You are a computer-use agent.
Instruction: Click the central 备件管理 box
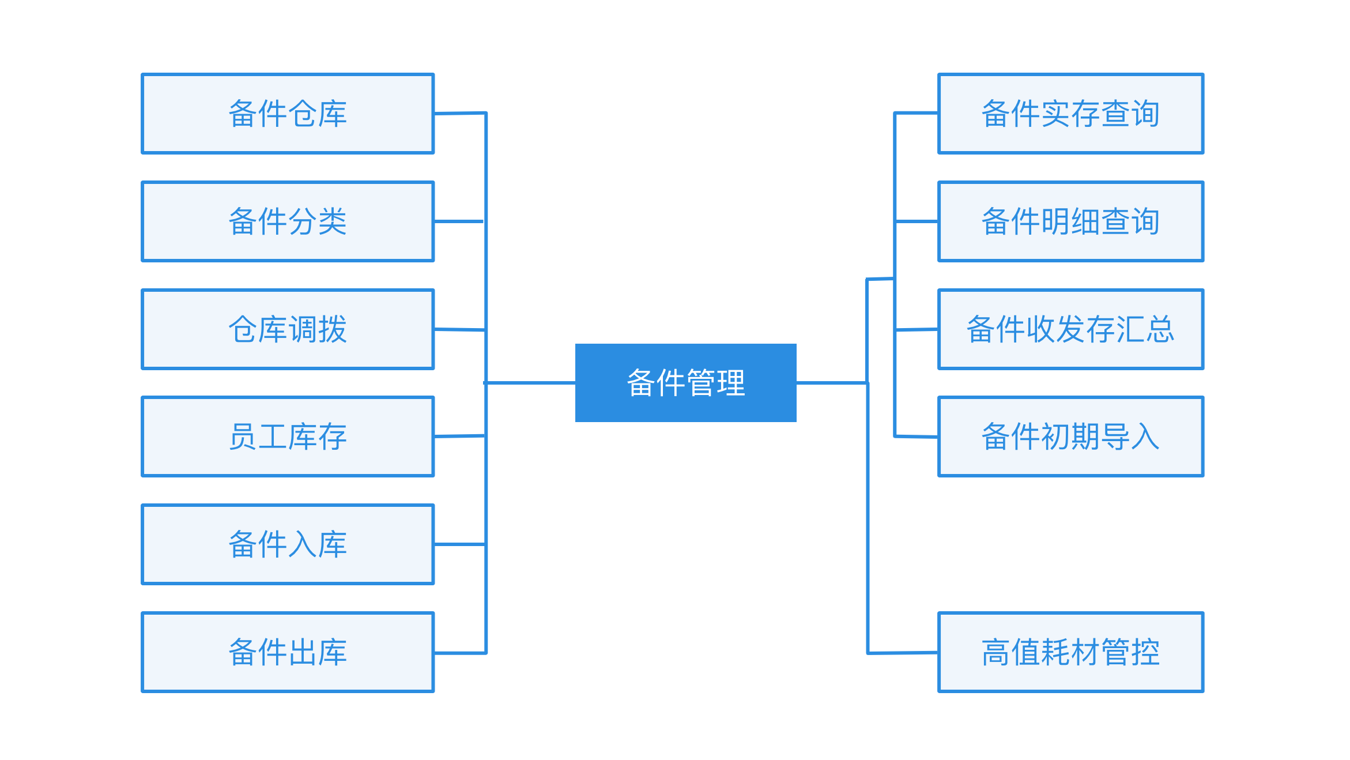pyautogui.click(x=685, y=383)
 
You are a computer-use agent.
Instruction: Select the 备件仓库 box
pyautogui.click(x=288, y=114)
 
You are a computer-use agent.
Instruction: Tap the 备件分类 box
pyautogui.click(x=288, y=221)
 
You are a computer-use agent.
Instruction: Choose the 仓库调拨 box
pyautogui.click(x=288, y=329)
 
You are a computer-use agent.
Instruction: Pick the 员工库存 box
pyautogui.click(x=288, y=437)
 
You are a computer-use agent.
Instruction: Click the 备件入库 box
pyautogui.click(x=288, y=544)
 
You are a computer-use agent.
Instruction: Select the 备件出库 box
pyautogui.click(x=288, y=652)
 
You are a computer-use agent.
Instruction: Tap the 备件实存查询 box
pyautogui.click(x=1070, y=114)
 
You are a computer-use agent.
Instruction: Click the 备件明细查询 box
pyautogui.click(x=1070, y=221)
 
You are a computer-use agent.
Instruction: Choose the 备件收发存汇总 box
pyautogui.click(x=1070, y=329)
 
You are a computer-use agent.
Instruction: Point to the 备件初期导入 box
pyautogui.click(x=1070, y=437)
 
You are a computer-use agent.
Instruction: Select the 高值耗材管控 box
pyautogui.click(x=1070, y=652)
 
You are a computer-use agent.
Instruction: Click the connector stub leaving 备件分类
pyautogui.click(x=459, y=221)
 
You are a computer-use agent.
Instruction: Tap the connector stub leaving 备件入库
pyautogui.click(x=459, y=544)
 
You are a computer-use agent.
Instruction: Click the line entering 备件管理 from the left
pyautogui.click(x=530, y=383)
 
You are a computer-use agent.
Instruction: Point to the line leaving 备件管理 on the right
pyautogui.click(x=831, y=383)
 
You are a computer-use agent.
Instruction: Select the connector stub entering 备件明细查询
pyautogui.click(x=917, y=221)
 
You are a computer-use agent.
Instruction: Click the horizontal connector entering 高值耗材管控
pyautogui.click(x=903, y=653)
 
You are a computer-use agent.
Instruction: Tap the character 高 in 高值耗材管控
pyautogui.click(x=996, y=652)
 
